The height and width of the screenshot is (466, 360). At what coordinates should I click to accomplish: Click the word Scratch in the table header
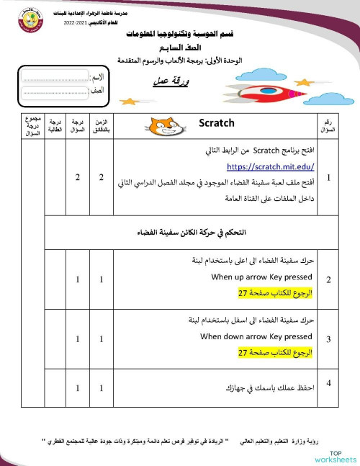[x=217, y=123]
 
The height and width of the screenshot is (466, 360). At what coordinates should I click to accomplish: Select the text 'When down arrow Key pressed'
[x=256, y=336]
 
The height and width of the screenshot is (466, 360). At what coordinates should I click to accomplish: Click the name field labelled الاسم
[x=54, y=76]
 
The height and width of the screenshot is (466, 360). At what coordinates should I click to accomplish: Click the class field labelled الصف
[x=54, y=91]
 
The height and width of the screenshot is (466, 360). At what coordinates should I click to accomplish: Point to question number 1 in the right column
[x=328, y=177]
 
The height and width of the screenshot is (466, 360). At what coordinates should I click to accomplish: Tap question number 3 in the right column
[x=328, y=338]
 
